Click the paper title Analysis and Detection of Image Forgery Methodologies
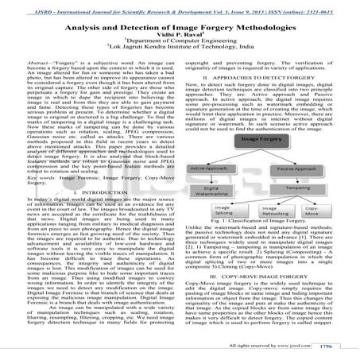180,26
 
